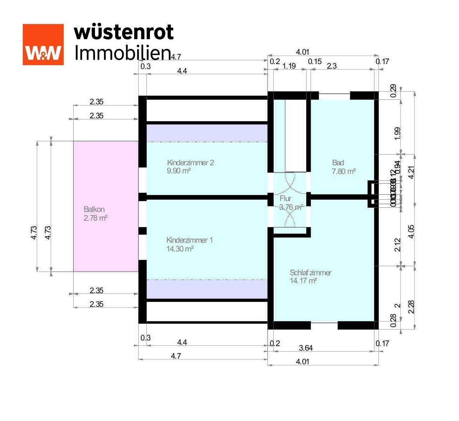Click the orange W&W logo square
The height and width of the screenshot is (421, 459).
tap(43, 44)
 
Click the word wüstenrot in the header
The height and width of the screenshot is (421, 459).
tap(124, 32)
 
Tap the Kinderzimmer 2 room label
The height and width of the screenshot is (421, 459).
tap(190, 163)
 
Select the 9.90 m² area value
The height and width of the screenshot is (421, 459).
tap(179, 171)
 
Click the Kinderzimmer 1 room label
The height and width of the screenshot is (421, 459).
tap(189, 240)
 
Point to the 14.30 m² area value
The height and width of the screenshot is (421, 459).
tap(180, 249)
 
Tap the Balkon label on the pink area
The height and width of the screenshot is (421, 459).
tap(94, 209)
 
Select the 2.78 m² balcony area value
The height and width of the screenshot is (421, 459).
tap(95, 218)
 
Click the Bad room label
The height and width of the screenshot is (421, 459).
tap(338, 163)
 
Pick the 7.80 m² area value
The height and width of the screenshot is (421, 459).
tap(343, 171)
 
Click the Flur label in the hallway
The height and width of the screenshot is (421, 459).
tap(285, 199)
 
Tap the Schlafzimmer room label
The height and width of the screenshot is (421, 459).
tap(310, 272)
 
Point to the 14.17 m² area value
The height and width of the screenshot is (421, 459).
tap(303, 281)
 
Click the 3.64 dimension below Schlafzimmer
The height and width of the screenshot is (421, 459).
tap(305, 348)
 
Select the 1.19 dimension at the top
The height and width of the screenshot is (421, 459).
tap(289, 66)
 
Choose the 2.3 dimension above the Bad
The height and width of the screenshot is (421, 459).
tap(331, 66)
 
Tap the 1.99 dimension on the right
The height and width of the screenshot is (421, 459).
tap(397, 133)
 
